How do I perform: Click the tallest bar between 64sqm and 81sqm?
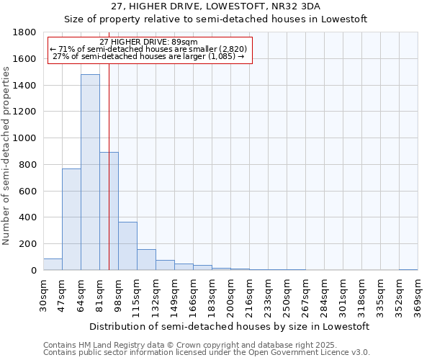click(x=90, y=172)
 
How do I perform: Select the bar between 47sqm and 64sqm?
click(x=71, y=219)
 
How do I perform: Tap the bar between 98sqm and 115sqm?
click(x=127, y=246)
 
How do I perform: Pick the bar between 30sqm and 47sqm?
click(x=53, y=264)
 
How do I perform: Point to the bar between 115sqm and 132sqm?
click(x=146, y=260)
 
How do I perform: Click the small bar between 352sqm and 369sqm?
click(x=408, y=269)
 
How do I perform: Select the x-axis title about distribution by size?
click(x=230, y=326)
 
